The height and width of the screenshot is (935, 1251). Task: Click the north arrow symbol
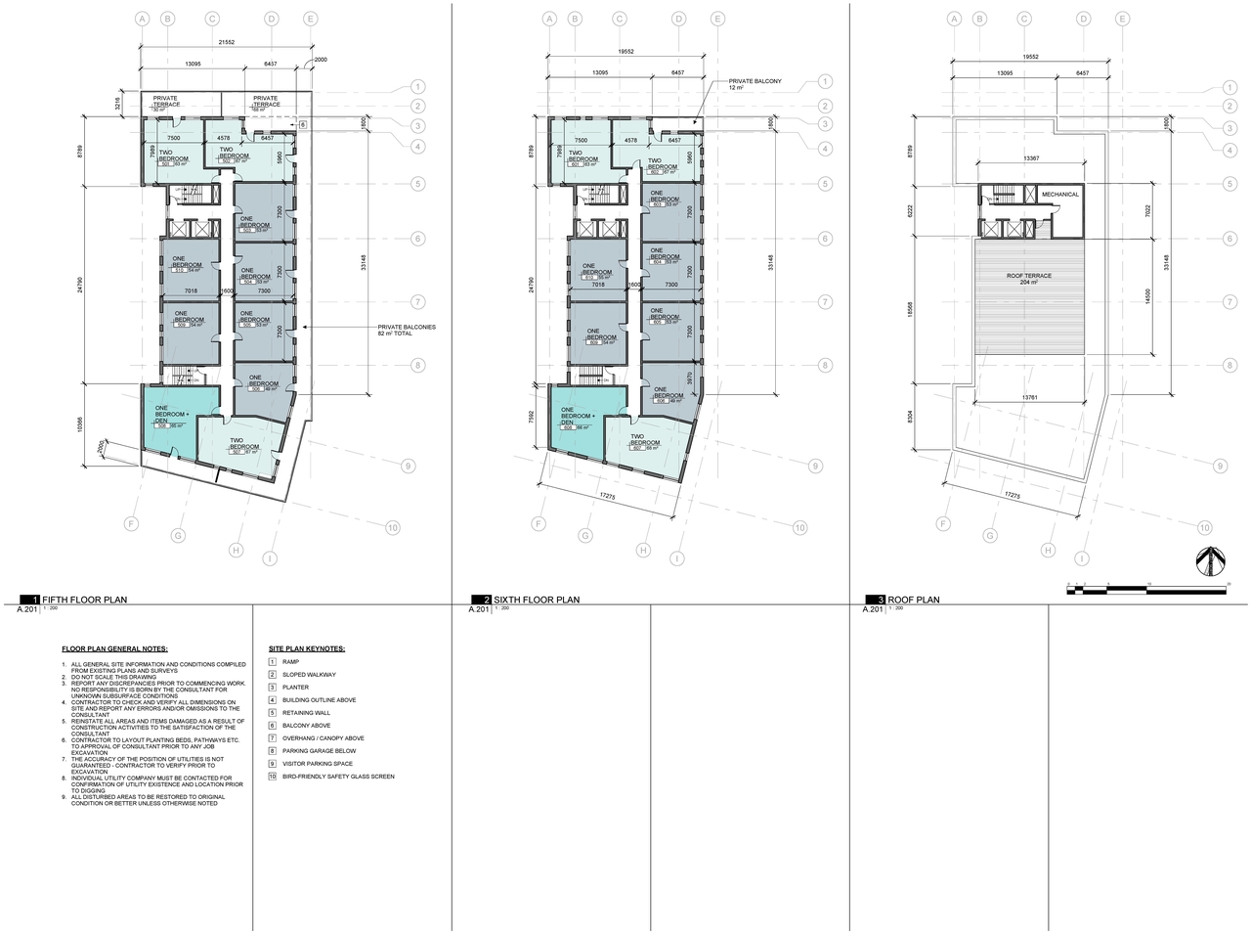(x=1209, y=561)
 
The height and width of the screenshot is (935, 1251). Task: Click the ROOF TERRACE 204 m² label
(x=1028, y=279)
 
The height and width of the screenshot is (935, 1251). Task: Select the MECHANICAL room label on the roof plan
(x=1059, y=195)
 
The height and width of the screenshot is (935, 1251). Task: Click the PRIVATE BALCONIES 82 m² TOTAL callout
(x=406, y=330)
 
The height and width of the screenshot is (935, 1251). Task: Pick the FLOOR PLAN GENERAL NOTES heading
(x=114, y=648)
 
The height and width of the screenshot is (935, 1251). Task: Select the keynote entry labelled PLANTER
(x=295, y=688)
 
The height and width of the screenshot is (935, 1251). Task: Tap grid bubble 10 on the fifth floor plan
(x=392, y=528)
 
